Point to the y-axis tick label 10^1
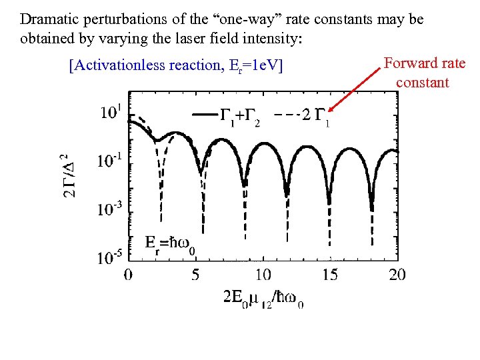click(110, 112)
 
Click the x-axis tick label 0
click(127, 274)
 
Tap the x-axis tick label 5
click(195, 274)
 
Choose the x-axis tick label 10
click(263, 274)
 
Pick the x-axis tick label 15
click(330, 274)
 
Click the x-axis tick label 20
click(397, 274)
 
